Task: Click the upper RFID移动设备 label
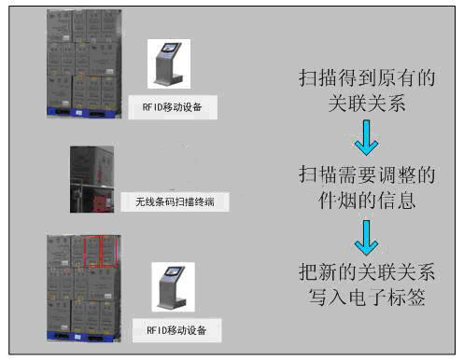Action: point(172,107)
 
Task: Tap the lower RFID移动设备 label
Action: point(176,330)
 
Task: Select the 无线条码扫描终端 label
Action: point(175,202)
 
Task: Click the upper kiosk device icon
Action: point(169,64)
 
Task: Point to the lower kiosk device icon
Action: point(173,287)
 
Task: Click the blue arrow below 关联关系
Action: point(366,138)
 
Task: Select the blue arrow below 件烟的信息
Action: point(366,238)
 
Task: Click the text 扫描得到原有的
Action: point(367,77)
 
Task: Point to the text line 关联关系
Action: point(367,103)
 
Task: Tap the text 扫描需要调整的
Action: point(367,174)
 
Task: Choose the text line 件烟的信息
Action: point(367,200)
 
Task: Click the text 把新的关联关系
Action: point(367,271)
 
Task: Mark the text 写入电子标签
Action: point(367,297)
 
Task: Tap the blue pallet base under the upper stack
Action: point(84,112)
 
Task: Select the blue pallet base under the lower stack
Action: point(84,337)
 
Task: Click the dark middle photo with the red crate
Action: point(91,179)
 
